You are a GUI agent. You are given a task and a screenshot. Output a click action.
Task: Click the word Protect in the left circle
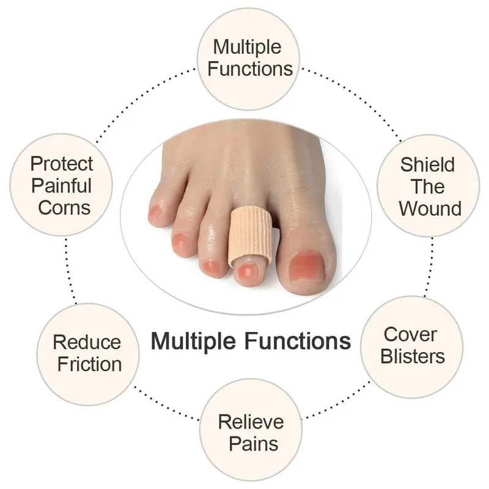pyautogui.click(x=62, y=164)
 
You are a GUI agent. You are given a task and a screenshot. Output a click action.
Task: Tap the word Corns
pyautogui.click(x=62, y=207)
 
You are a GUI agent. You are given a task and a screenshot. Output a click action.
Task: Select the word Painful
pyautogui.click(x=62, y=185)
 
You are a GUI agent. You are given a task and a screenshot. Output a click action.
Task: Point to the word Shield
pyautogui.click(x=428, y=164)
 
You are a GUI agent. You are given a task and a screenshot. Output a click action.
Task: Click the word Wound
pyautogui.click(x=430, y=208)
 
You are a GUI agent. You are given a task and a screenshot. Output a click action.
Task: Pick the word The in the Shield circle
pyautogui.click(x=428, y=186)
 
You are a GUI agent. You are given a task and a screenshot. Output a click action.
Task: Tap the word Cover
pyautogui.click(x=410, y=334)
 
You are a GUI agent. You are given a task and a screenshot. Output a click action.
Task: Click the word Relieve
pyautogui.click(x=251, y=421)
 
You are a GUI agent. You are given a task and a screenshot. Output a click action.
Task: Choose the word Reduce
pyautogui.click(x=87, y=342)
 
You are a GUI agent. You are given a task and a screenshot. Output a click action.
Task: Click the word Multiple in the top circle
pyautogui.click(x=247, y=46)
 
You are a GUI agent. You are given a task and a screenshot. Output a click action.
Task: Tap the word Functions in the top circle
pyautogui.click(x=250, y=68)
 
